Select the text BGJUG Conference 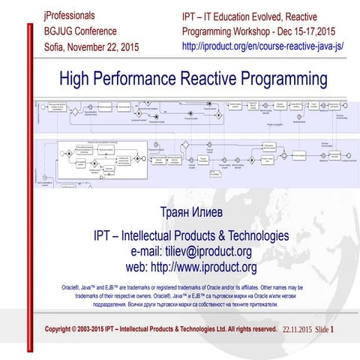[x=80, y=31]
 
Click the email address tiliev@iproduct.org [x=202, y=251]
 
